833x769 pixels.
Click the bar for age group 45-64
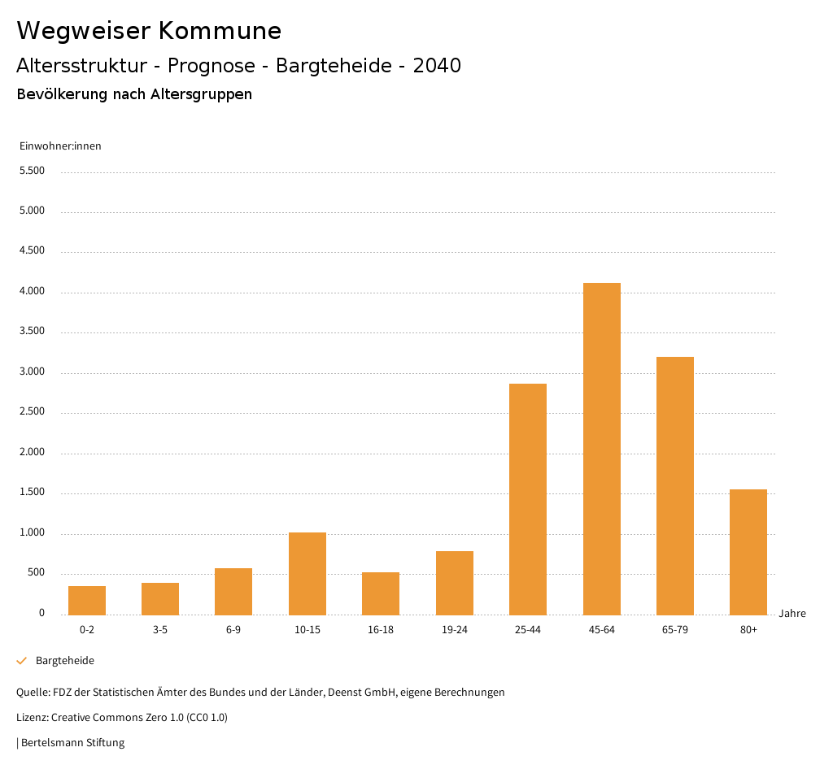pos(601,449)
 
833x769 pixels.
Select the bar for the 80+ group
pos(748,552)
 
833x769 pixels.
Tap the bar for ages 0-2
pos(87,600)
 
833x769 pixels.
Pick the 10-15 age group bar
pos(307,573)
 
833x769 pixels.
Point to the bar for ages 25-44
pos(528,499)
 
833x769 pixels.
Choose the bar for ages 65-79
pos(675,485)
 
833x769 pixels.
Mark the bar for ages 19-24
pos(455,583)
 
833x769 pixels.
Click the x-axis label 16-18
pos(381,630)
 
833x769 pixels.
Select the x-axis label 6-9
pos(233,630)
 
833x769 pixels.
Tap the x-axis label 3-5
pos(160,630)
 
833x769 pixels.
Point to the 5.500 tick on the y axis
pos(31,171)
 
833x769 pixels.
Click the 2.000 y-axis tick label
pos(31,452)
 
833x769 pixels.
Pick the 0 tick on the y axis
pos(41,613)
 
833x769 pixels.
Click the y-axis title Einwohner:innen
pos(60,146)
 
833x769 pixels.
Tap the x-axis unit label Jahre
pos(792,614)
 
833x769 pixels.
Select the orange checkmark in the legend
pos(22,661)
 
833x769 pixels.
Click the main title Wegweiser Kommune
pos(149,31)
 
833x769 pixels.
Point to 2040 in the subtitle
pos(437,66)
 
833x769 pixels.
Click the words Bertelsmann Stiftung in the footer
pos(72,742)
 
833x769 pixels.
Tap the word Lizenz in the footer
pos(32,718)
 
